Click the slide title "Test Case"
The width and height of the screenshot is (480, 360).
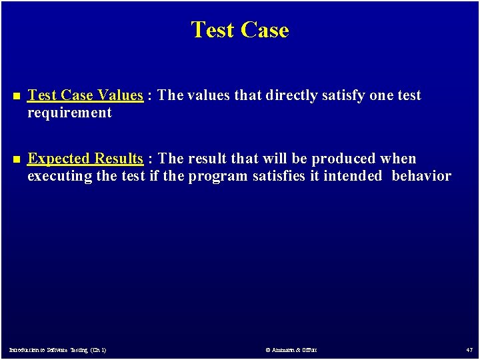point(240,30)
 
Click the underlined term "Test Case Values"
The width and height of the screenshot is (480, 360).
point(85,95)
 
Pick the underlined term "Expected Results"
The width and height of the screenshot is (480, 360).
point(85,159)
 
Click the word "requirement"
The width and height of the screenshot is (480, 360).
point(69,113)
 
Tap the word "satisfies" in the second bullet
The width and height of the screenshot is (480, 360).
point(279,176)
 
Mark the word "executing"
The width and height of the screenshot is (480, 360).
point(56,176)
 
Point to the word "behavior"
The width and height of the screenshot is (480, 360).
point(421,176)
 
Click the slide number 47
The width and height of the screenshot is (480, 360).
point(468,349)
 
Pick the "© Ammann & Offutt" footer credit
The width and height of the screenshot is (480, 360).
point(291,349)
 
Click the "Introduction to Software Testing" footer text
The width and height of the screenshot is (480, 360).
point(57,349)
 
